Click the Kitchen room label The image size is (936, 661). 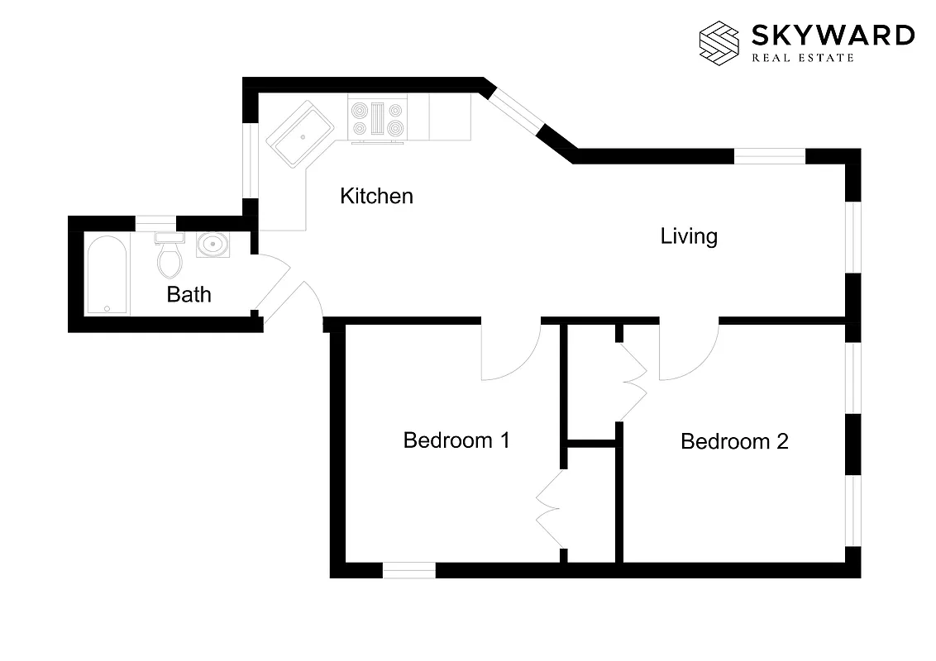(376, 197)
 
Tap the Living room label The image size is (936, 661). (688, 236)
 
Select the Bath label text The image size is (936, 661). (189, 294)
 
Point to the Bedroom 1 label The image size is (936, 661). (456, 440)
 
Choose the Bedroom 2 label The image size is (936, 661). (734, 441)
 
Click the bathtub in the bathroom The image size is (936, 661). (107, 275)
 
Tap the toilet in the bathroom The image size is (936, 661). (170, 256)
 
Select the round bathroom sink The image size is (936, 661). (213, 245)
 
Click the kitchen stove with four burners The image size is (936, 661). (378, 118)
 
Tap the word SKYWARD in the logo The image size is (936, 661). (833, 36)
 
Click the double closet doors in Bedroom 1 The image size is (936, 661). (550, 508)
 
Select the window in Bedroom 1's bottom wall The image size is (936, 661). (408, 570)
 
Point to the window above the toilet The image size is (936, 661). (155, 222)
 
